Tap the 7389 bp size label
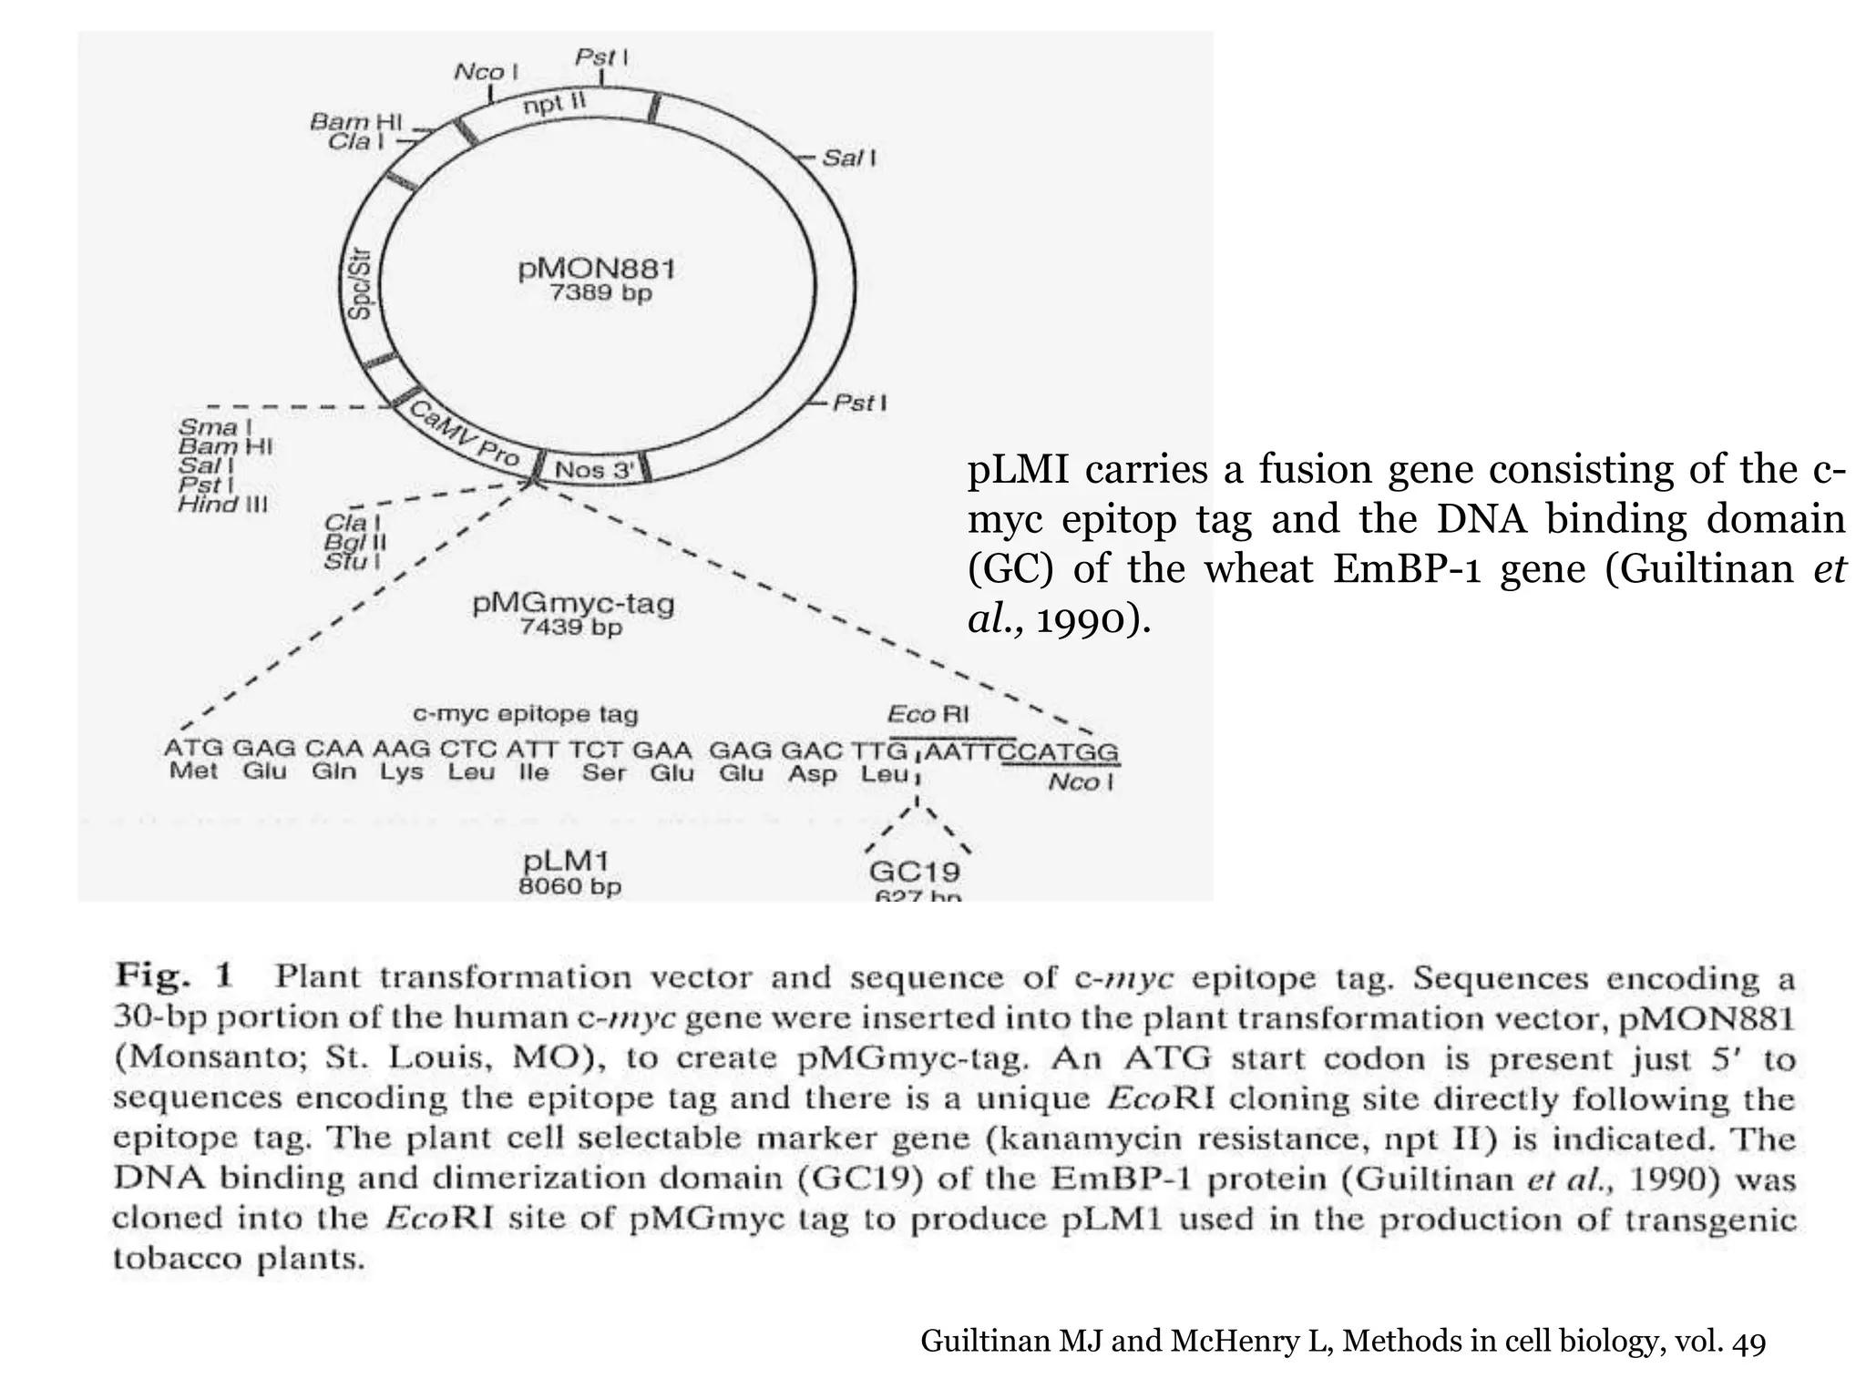(x=600, y=294)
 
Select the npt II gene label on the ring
(x=554, y=105)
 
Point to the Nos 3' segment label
(x=593, y=470)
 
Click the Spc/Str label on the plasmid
(x=361, y=287)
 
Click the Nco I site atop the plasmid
(x=486, y=71)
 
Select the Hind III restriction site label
(x=222, y=505)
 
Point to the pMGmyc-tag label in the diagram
(x=573, y=603)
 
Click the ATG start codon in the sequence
(x=193, y=750)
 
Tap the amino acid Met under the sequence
(x=193, y=772)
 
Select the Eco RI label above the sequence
(x=928, y=715)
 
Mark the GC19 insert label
(x=914, y=872)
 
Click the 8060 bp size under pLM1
(x=569, y=886)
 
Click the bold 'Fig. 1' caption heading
(x=174, y=976)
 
